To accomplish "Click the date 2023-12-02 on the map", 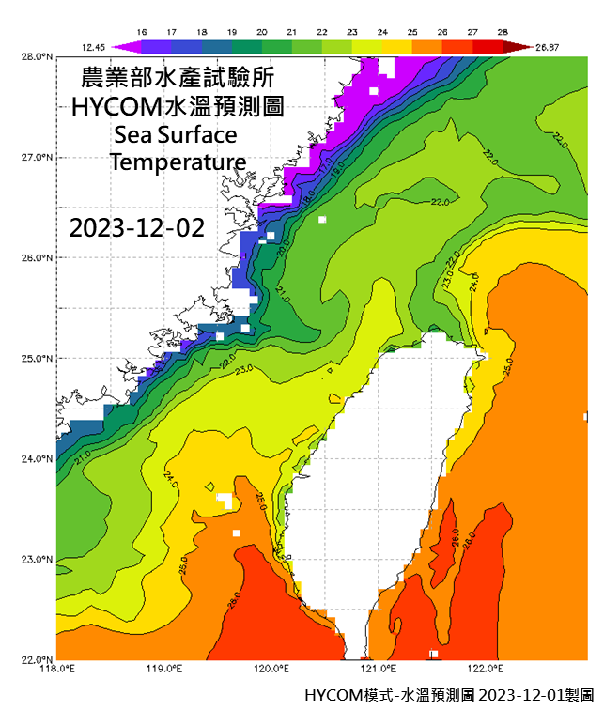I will pos(136,228).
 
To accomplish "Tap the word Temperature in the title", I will pos(178,162).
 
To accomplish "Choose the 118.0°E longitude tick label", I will pos(56,669).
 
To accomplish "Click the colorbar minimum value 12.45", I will pos(92,45).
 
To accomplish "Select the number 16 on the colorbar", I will pos(143,31).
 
